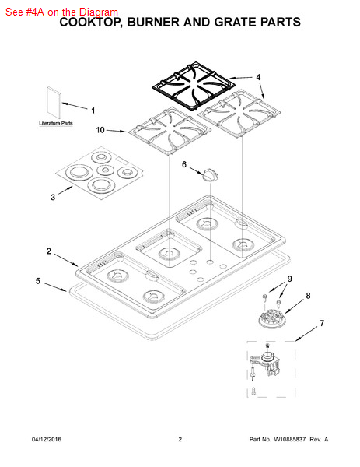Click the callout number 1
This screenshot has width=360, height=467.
93,111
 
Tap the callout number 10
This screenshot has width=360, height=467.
100,130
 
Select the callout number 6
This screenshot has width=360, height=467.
184,164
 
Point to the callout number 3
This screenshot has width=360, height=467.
53,197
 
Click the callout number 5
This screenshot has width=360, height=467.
38,281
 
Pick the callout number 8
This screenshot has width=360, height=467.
308,296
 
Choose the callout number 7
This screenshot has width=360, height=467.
322,323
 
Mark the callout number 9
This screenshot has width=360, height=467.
290,279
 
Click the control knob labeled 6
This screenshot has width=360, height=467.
211,174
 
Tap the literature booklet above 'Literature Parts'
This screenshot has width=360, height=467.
54,103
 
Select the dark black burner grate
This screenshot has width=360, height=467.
194,86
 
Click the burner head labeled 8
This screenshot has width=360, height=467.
271,318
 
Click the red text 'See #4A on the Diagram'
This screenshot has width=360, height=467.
61,12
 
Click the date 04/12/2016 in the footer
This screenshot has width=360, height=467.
47,439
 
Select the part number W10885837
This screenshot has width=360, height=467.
289,439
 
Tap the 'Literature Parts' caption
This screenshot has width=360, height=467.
56,123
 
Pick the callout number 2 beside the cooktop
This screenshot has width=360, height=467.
49,251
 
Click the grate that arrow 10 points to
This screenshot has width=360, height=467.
170,131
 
